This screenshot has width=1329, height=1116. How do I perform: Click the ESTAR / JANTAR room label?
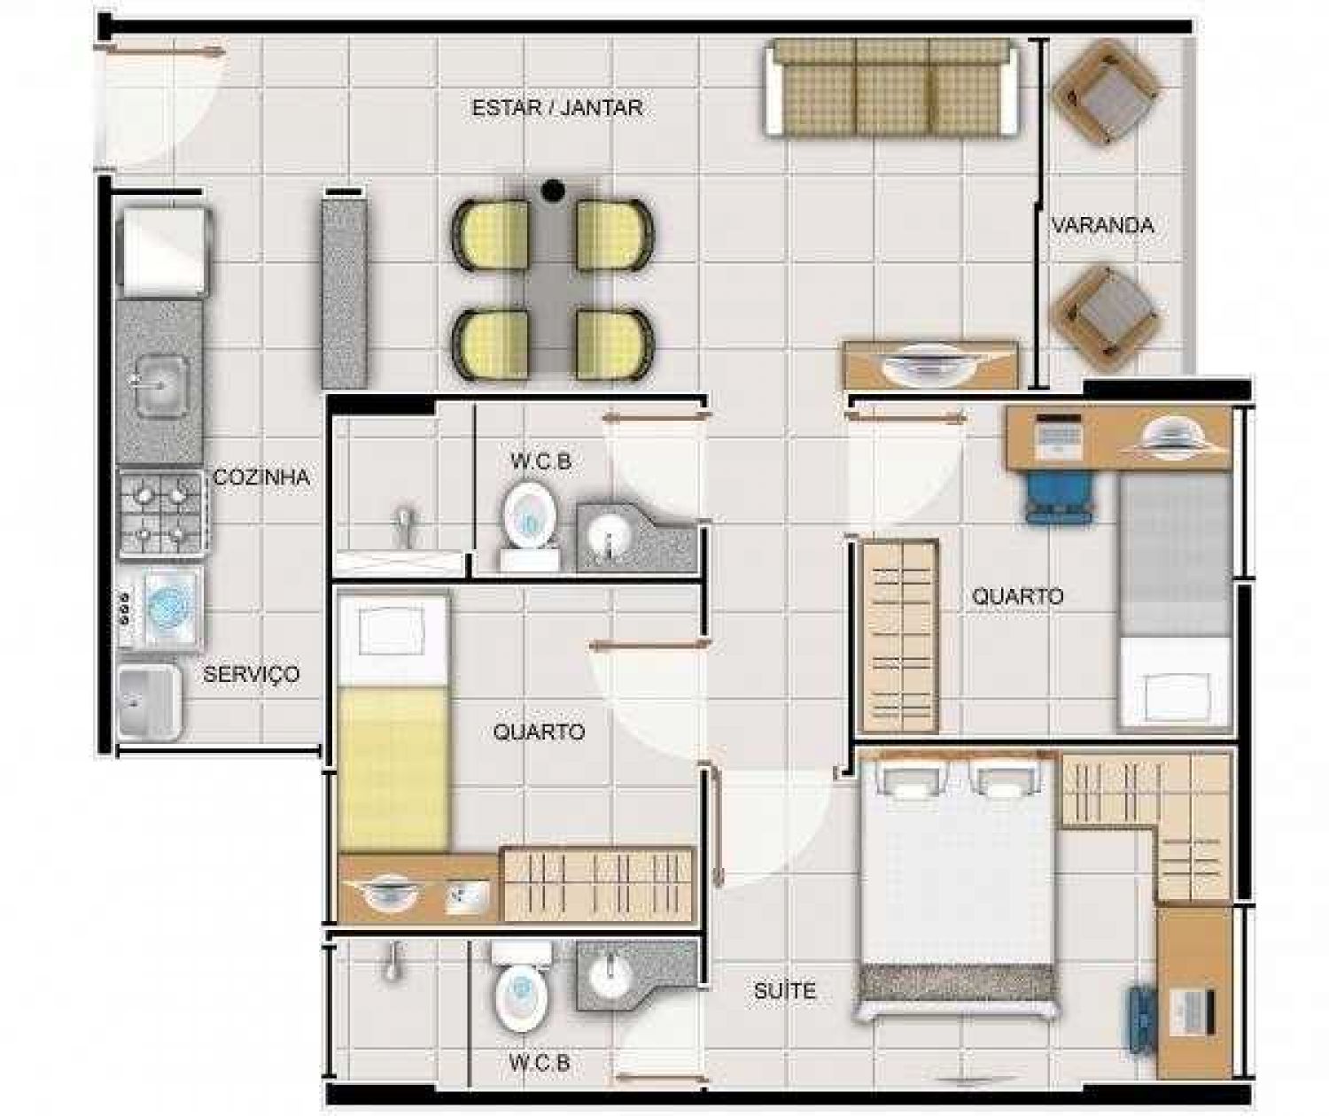557,107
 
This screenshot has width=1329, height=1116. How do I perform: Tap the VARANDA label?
1102,225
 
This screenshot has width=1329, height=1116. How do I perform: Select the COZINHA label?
261,477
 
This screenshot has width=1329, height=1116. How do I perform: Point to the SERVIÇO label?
251,674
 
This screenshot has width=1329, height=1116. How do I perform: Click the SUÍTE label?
785,990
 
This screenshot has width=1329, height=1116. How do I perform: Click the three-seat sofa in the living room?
891,87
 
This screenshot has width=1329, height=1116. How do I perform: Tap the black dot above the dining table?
553,190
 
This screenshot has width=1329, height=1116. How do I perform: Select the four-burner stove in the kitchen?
163,514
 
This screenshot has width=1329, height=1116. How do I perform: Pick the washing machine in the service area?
160,607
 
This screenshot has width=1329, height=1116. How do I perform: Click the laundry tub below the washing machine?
149,702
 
